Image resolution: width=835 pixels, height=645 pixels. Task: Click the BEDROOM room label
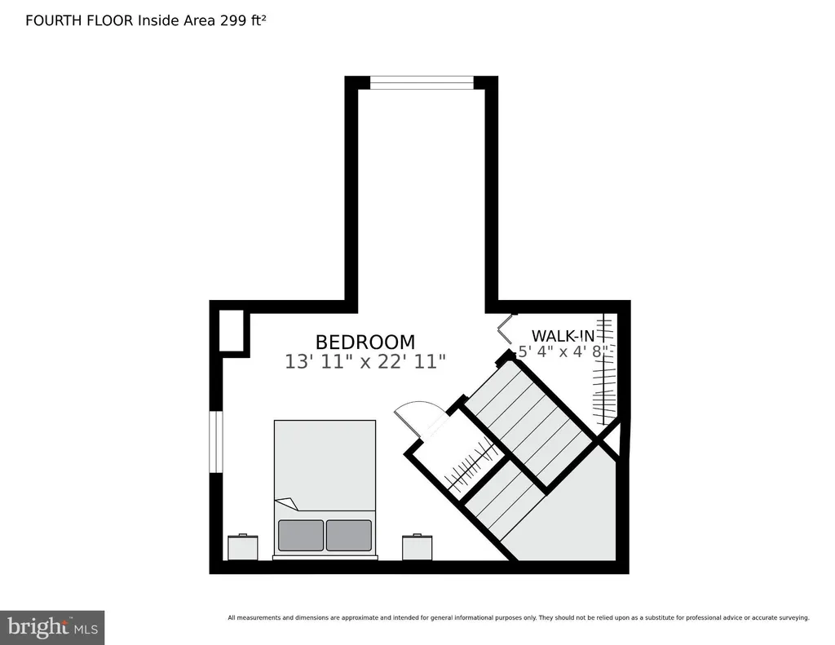pos(364,342)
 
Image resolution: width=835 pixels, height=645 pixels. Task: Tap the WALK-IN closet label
pos(563,336)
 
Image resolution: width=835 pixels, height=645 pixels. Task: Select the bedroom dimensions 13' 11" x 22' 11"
pos(364,362)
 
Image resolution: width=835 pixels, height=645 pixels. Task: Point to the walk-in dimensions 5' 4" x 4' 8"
pos(563,351)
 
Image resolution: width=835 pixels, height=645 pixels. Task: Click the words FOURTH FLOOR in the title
pos(79,20)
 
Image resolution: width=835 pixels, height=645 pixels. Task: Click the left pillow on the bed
pos(300,535)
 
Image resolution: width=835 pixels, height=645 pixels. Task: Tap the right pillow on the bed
pos(349,535)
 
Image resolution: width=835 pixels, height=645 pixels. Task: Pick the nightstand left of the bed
pos(243,547)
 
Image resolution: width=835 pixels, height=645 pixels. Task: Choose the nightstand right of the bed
pos(417,547)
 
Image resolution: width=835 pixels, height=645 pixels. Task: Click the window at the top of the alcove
pos(422,82)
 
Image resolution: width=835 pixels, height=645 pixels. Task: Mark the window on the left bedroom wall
pos(215,441)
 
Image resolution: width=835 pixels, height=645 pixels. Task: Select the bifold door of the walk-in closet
pos(505,329)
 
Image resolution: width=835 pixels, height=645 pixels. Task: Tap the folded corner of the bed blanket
pos(287,503)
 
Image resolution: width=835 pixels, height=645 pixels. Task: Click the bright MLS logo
pos(52,627)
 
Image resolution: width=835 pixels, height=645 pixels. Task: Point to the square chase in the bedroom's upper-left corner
pos(232,331)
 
